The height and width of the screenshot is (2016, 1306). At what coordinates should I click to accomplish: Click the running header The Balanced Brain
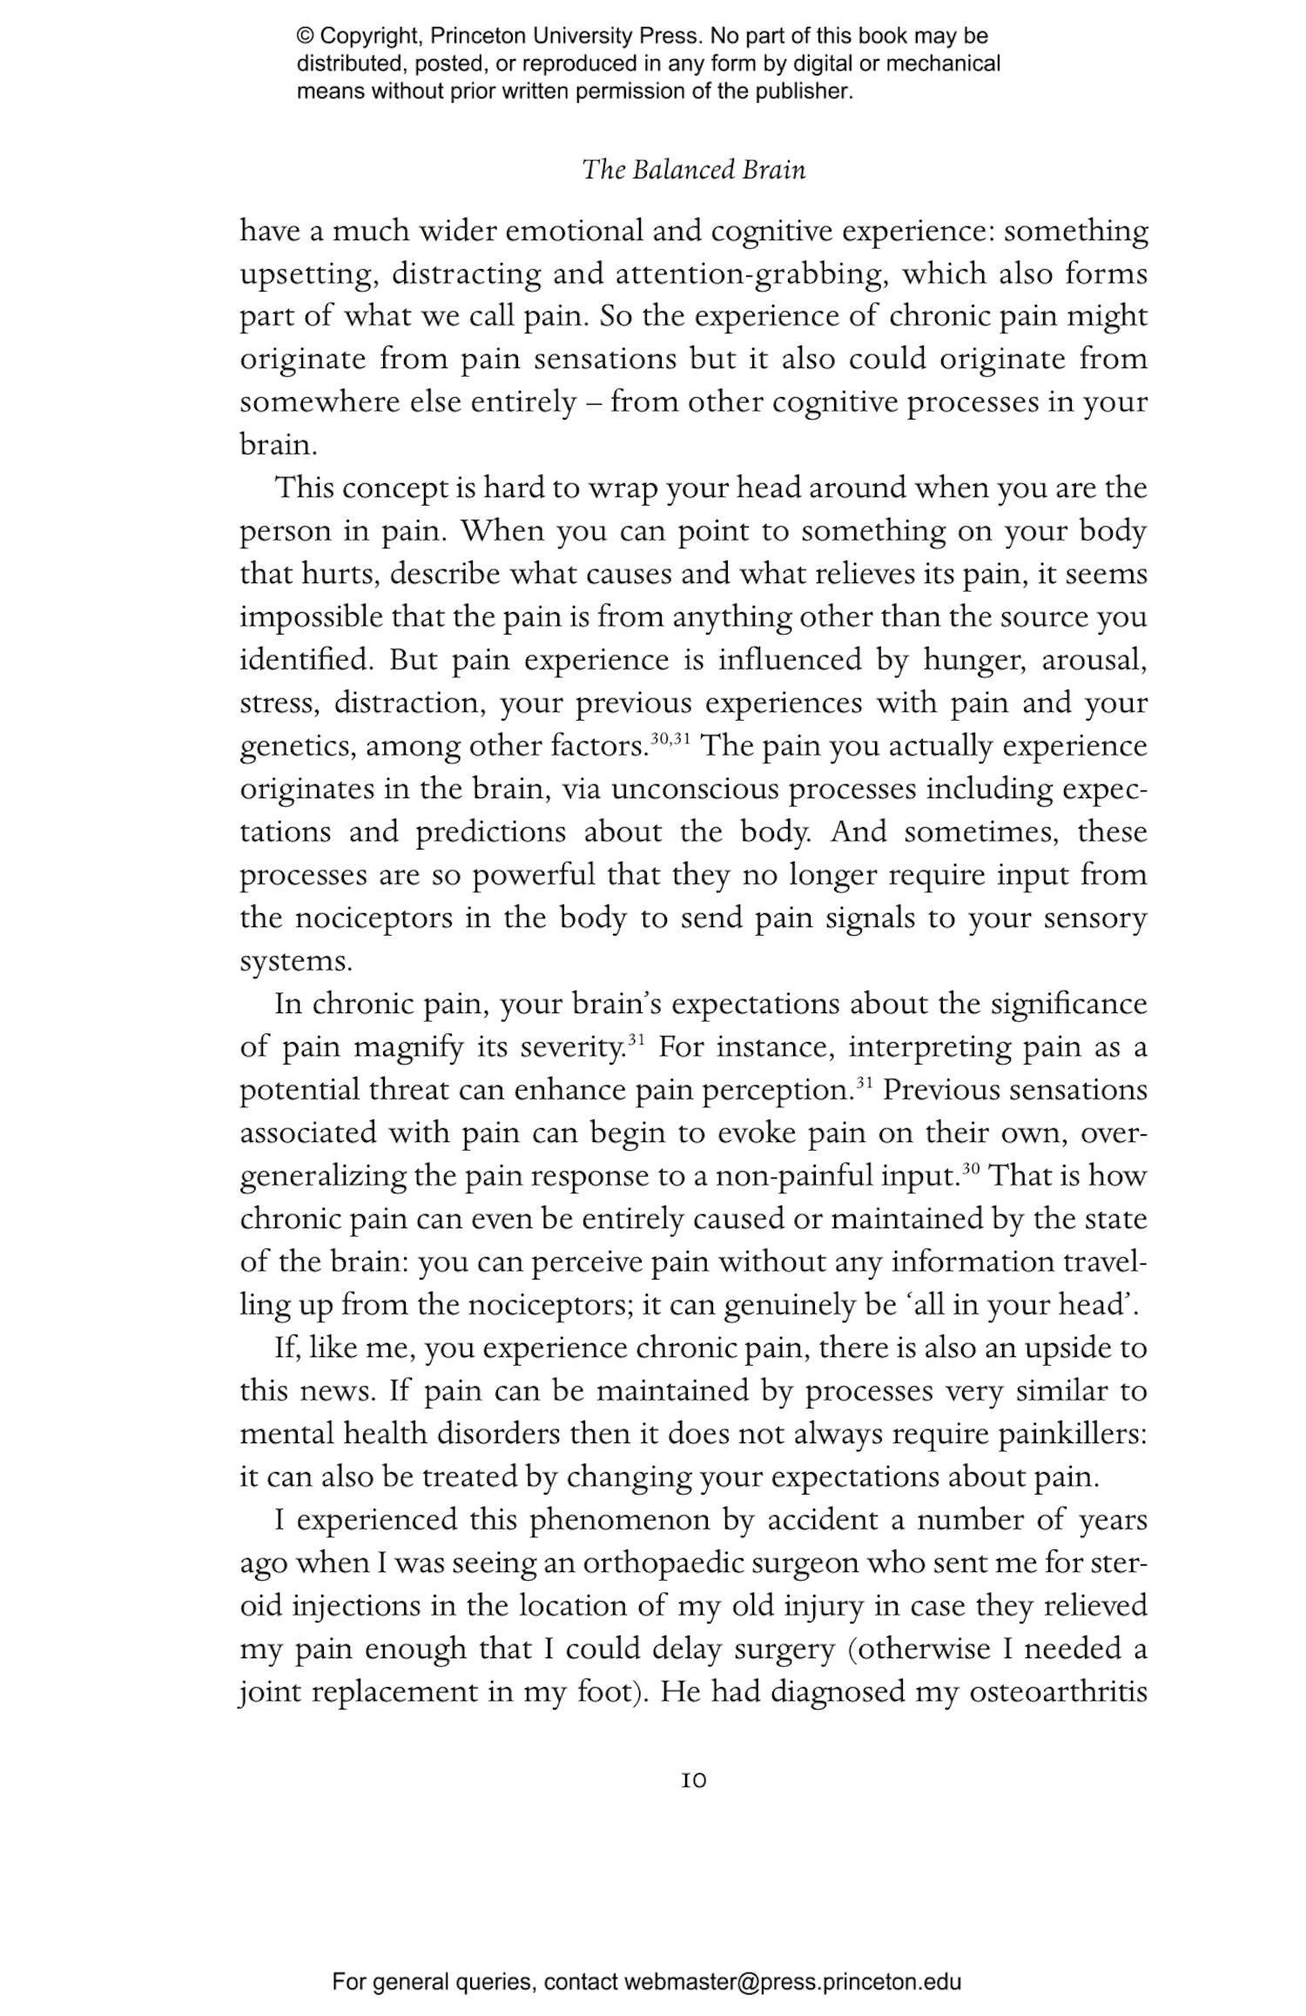694,169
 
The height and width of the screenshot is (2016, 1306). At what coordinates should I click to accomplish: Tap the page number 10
694,1781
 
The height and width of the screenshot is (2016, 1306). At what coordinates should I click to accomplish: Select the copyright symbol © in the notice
305,37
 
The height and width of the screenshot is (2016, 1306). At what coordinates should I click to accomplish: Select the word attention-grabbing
751,275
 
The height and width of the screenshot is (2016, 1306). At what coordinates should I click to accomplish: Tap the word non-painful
793,1177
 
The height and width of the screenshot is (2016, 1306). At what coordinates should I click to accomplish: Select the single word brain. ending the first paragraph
278,446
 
